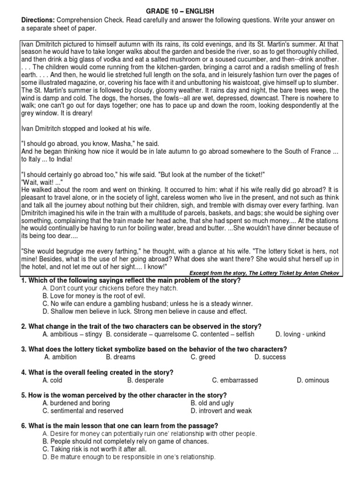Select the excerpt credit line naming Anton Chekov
(264, 273)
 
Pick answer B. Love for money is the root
(94, 296)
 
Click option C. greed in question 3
(203, 357)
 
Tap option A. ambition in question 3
(60, 357)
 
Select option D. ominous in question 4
(313, 380)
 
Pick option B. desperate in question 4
(145, 380)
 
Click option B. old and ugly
(212, 403)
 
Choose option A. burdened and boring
(76, 403)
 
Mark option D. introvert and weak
(221, 411)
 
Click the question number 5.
(23, 395)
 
